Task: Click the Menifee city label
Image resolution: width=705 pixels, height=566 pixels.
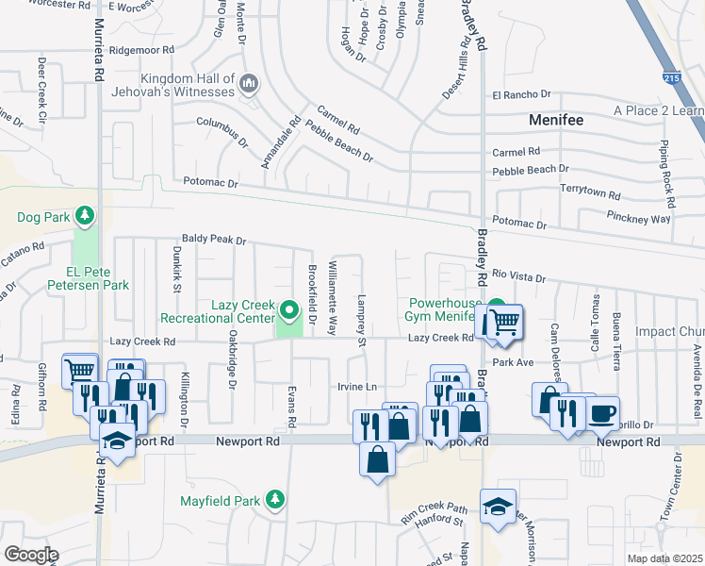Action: (x=555, y=121)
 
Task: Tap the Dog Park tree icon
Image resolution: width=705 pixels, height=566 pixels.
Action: (x=85, y=216)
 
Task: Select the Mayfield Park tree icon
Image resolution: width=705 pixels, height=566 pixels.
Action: (x=274, y=499)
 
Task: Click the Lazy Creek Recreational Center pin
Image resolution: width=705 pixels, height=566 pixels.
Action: (x=289, y=308)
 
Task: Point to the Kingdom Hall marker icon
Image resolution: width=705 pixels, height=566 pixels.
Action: (x=249, y=84)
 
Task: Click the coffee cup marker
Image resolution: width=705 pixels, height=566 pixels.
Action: (x=602, y=412)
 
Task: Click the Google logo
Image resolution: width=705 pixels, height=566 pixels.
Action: (x=31, y=555)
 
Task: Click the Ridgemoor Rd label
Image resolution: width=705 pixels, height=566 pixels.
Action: (x=142, y=50)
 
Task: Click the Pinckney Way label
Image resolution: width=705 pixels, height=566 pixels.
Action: (x=638, y=218)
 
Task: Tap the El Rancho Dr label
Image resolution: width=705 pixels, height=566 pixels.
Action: (x=521, y=94)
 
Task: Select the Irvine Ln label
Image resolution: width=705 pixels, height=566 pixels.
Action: (x=357, y=387)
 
